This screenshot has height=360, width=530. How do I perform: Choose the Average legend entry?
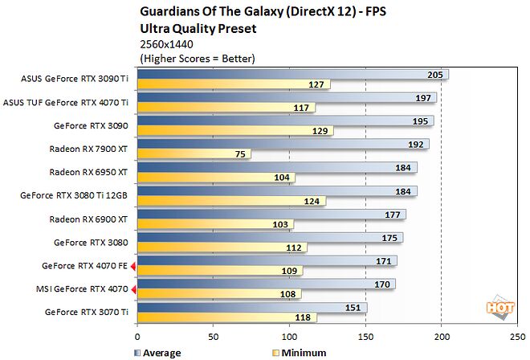(160, 353)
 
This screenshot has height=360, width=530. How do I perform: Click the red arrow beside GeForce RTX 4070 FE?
(133, 265)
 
